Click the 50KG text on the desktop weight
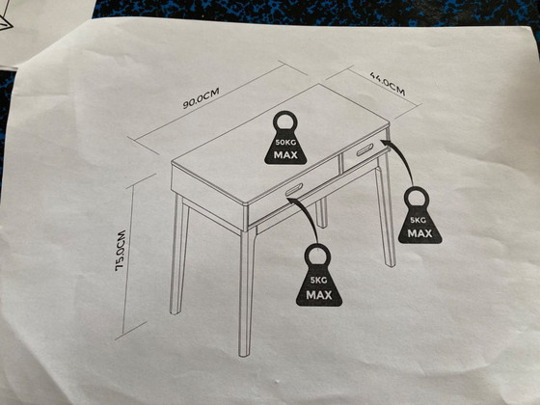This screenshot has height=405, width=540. pyautogui.click(x=286, y=142)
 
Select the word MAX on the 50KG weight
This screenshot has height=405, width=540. pyautogui.click(x=286, y=154)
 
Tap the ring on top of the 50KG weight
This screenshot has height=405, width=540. pyautogui.click(x=286, y=121)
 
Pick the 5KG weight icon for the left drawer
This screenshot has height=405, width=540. pyautogui.click(x=319, y=279)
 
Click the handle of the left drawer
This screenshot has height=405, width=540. pyautogui.click(x=293, y=188)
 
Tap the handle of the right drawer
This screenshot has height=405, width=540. pyautogui.click(x=363, y=147)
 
